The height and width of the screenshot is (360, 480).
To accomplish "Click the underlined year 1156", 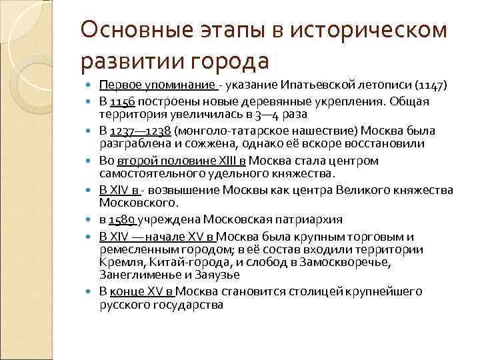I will (x=121, y=101).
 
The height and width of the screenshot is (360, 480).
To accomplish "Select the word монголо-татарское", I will (x=223, y=131).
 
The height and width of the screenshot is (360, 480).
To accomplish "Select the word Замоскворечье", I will (x=351, y=261).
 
